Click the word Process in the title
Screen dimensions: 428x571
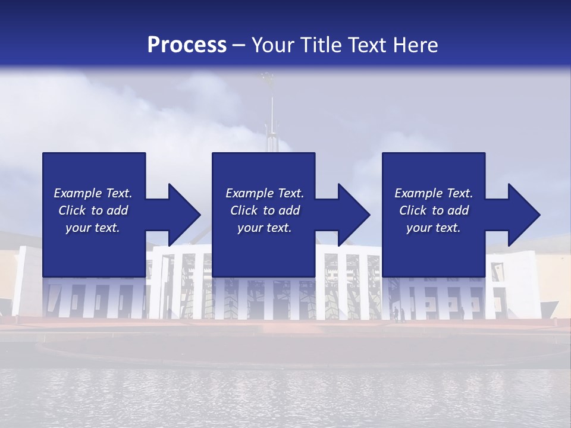tap(187, 45)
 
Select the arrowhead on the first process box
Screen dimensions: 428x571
tap(184, 215)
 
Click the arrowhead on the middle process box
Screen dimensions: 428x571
tap(353, 215)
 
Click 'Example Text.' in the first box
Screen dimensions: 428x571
tap(93, 193)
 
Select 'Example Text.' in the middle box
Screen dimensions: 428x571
tap(265, 193)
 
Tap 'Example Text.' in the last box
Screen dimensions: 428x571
tap(434, 193)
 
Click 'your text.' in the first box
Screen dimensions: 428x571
tap(93, 228)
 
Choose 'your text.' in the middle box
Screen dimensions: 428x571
tap(265, 228)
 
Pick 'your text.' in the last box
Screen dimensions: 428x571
tap(434, 228)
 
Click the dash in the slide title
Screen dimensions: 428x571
tap(239, 45)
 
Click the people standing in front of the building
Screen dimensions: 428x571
tap(398, 314)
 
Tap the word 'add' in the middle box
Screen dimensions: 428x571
tap(289, 210)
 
